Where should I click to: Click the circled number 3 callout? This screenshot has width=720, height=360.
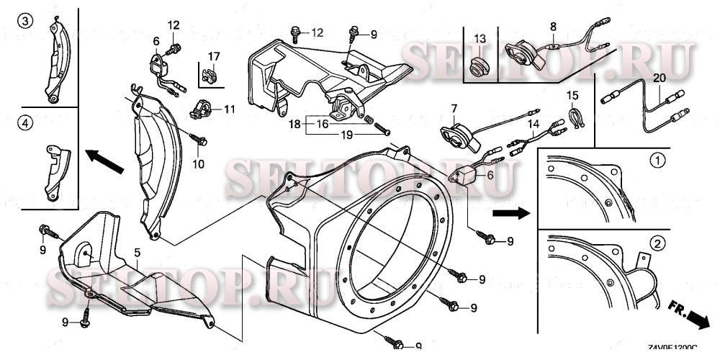[24, 21]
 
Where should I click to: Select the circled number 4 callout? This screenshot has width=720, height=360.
[24, 125]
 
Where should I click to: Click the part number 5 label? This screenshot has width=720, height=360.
[136, 253]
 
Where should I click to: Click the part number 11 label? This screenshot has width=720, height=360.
[229, 109]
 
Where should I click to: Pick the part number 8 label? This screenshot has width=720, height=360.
[553, 27]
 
